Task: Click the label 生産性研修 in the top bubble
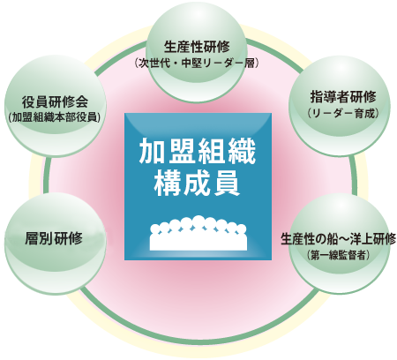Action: tap(197, 47)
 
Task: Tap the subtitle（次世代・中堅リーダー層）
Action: tap(197, 64)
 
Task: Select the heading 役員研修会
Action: tap(56, 102)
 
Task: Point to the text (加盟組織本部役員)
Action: tap(55, 117)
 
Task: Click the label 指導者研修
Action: tap(343, 97)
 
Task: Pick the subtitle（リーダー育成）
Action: tap(343, 114)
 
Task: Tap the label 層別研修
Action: tap(54, 238)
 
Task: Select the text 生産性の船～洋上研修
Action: tap(339, 239)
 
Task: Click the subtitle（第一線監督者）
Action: tap(339, 255)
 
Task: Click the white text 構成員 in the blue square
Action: tap(198, 184)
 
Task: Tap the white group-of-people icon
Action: tap(198, 233)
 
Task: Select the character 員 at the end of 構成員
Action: tap(228, 184)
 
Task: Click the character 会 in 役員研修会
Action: tap(82, 102)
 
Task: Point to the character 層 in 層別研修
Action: tap(32, 238)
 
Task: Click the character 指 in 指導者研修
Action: tap(317, 97)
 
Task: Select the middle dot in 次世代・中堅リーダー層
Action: tap(176, 64)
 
